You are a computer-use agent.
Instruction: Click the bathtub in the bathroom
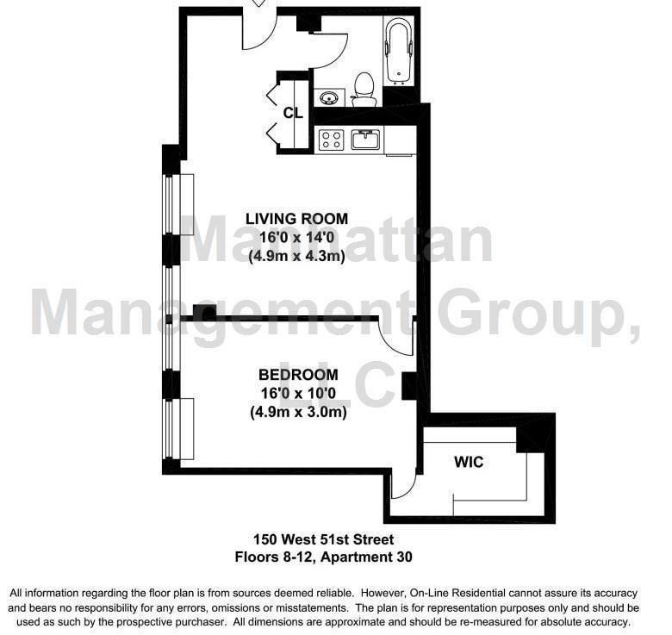point(398,53)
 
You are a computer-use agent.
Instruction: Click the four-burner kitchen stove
point(332,140)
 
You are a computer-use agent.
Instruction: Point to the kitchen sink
point(366,139)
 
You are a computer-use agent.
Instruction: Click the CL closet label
point(292,113)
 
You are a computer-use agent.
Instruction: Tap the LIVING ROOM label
point(296,219)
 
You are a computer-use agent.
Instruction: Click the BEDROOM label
point(298,375)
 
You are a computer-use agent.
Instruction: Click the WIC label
point(469,463)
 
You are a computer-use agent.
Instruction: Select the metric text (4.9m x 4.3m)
point(296,256)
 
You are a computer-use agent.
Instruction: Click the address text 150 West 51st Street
point(324,539)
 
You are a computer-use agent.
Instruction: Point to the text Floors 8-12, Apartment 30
point(324,557)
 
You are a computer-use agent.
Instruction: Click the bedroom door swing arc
point(395,342)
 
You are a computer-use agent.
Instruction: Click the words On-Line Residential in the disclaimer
point(507,594)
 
